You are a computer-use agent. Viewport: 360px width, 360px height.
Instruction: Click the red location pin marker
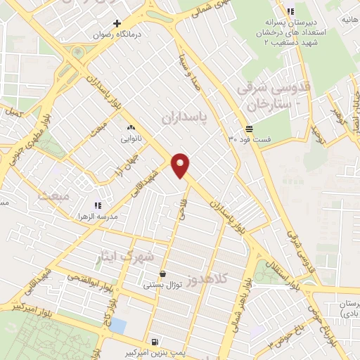(x=181, y=164)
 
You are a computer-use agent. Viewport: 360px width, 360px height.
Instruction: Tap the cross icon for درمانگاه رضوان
(x=117, y=23)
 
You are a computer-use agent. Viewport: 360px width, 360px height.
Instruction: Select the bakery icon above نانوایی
(x=131, y=129)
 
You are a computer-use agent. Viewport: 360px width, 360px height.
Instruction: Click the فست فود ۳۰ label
(x=252, y=139)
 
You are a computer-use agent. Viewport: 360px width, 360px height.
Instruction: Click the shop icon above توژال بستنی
(x=163, y=274)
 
